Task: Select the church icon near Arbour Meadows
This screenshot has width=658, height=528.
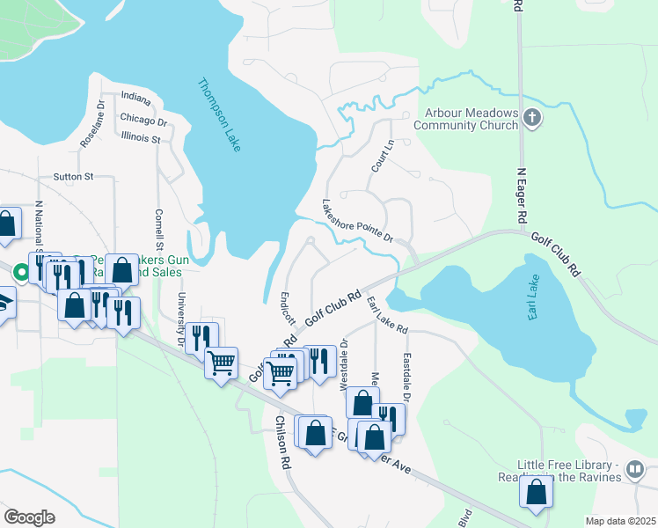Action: tap(531, 118)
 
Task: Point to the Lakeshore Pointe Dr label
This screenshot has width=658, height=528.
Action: tap(357, 220)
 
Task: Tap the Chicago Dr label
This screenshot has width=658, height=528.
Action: tap(143, 121)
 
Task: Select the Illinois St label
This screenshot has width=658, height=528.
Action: tap(141, 139)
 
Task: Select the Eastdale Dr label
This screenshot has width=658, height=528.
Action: tap(407, 378)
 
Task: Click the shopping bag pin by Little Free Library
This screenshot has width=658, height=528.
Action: tap(536, 495)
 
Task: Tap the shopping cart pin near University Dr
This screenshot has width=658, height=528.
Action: tap(221, 361)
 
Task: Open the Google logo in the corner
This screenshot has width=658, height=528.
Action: tap(29, 517)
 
